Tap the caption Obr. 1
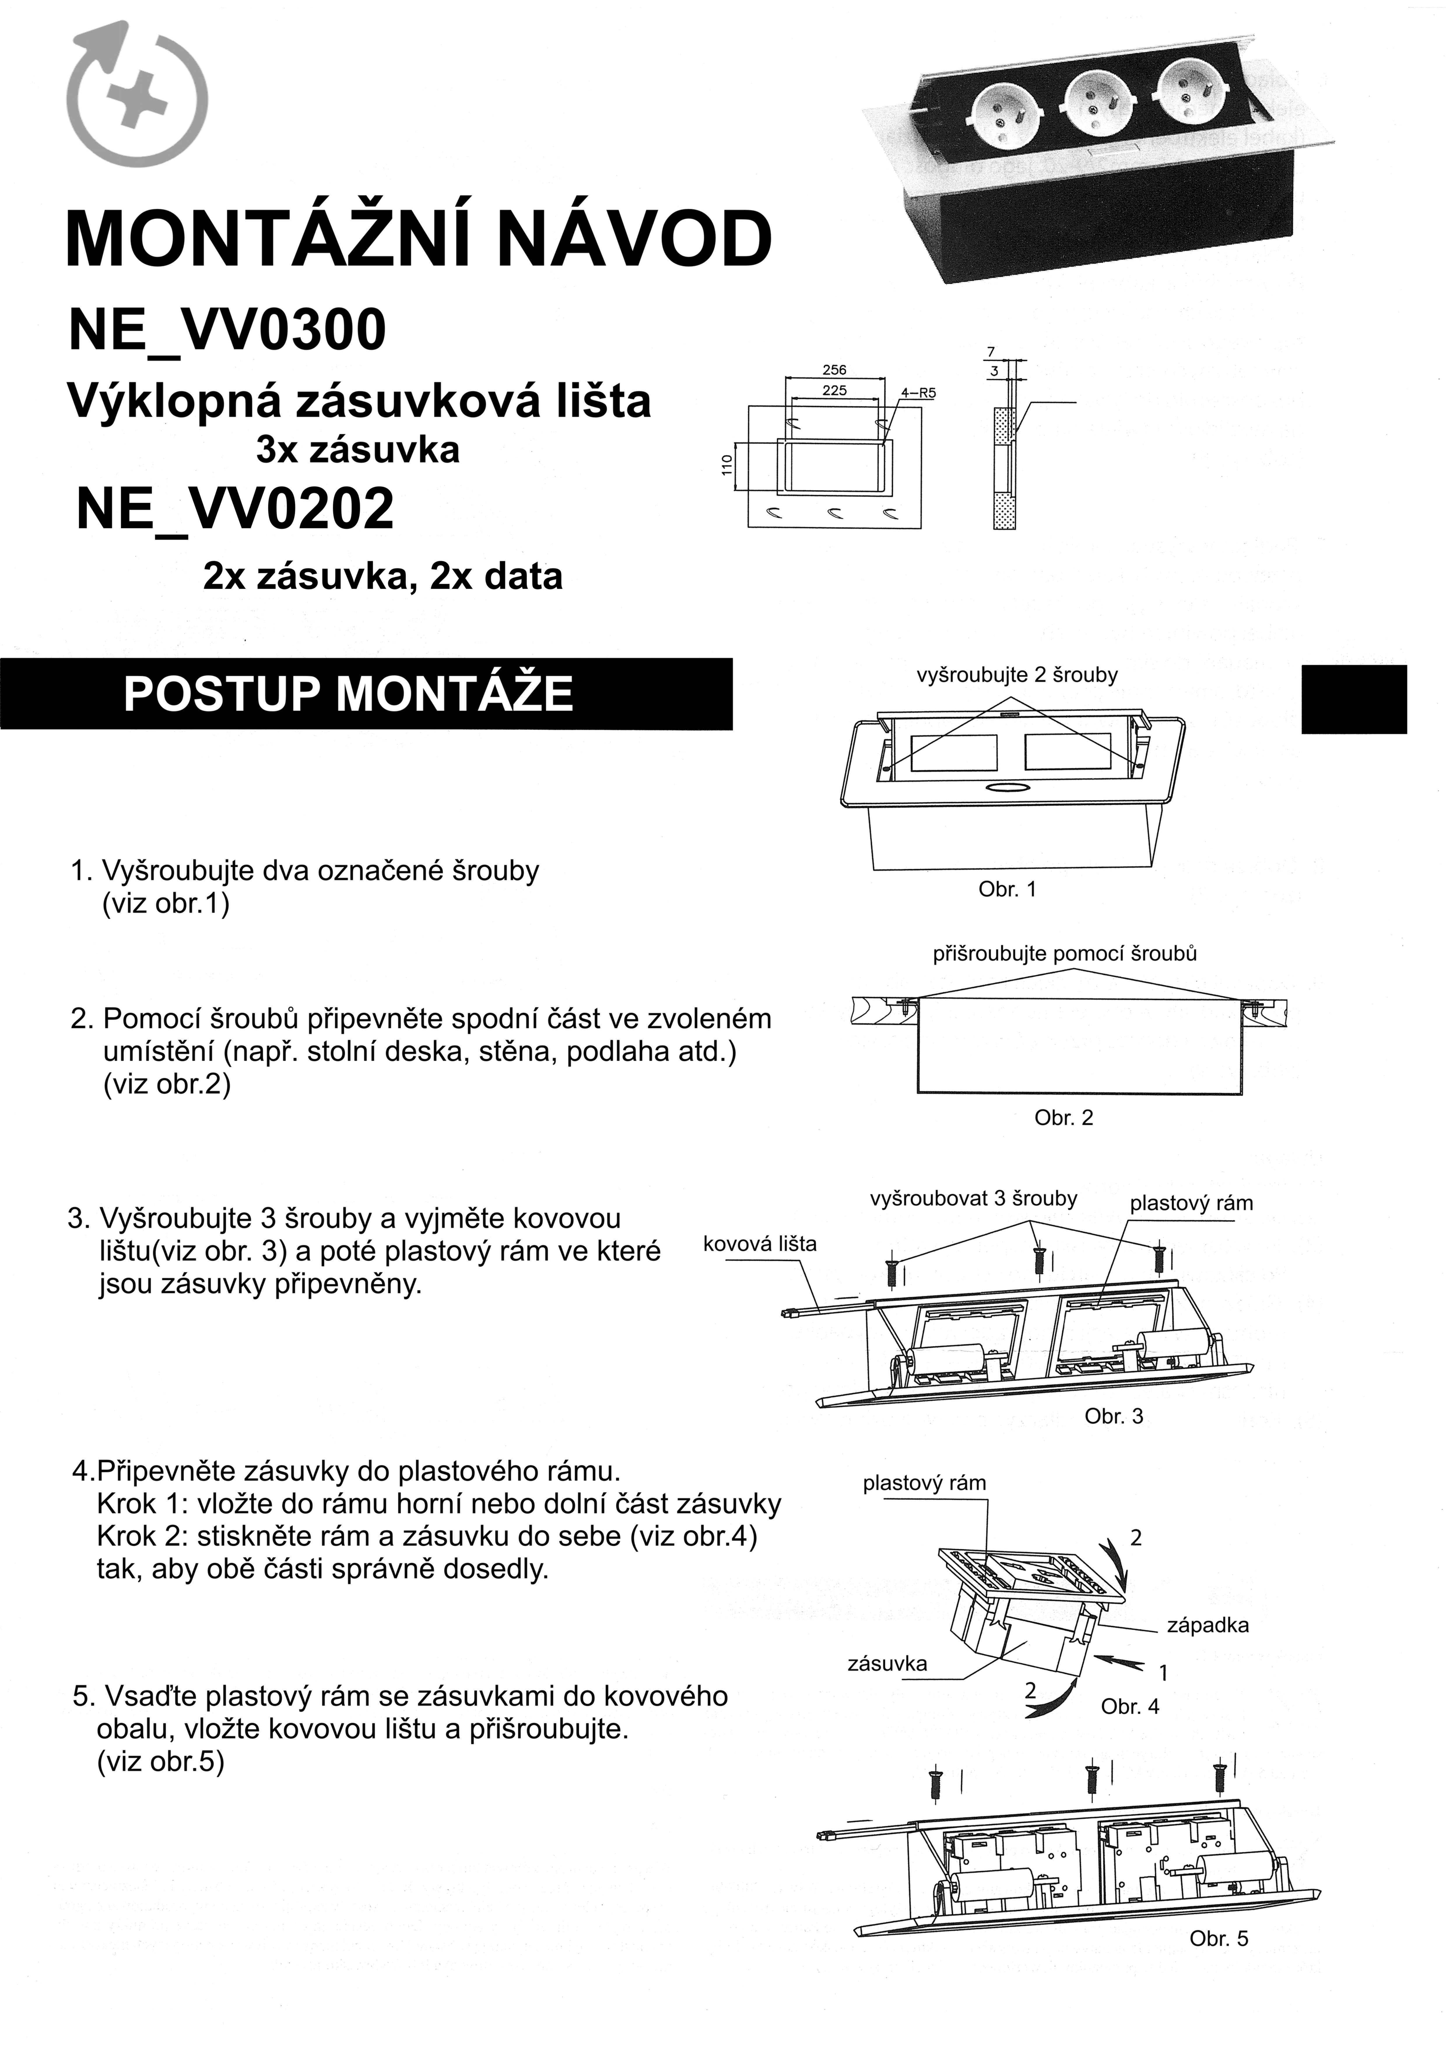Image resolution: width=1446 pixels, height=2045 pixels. [1008, 889]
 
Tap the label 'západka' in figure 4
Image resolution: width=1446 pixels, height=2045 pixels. [1207, 1626]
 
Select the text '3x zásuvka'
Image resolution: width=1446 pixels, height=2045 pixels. [357, 450]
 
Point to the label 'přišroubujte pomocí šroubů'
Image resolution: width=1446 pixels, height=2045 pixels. [1065, 954]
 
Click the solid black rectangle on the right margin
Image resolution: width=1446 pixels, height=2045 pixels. [1353, 699]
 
